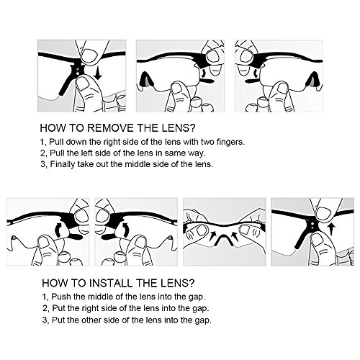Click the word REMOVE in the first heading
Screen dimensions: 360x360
pyautogui.click(x=110, y=128)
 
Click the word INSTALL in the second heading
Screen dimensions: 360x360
pyautogui.click(x=112, y=283)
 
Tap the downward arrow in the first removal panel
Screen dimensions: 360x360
pyautogui.click(x=98, y=72)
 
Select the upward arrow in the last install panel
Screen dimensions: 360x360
pyautogui.click(x=332, y=230)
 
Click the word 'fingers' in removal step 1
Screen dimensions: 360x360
pyautogui.click(x=230, y=142)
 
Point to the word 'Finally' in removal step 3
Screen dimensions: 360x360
pyautogui.click(x=63, y=164)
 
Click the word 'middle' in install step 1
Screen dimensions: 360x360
pyautogui.click(x=100, y=297)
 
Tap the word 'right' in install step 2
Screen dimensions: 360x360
pyautogui.click(x=91, y=308)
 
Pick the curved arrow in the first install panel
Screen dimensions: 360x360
pyautogui.click(x=59, y=230)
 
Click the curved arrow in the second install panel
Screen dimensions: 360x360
pyautogui.click(x=125, y=230)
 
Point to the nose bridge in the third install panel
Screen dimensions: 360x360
pyautogui.click(x=225, y=240)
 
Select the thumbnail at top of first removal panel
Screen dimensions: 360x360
pyautogui.click(x=89, y=55)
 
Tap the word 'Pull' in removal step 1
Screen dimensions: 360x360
pyautogui.click(x=56, y=142)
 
